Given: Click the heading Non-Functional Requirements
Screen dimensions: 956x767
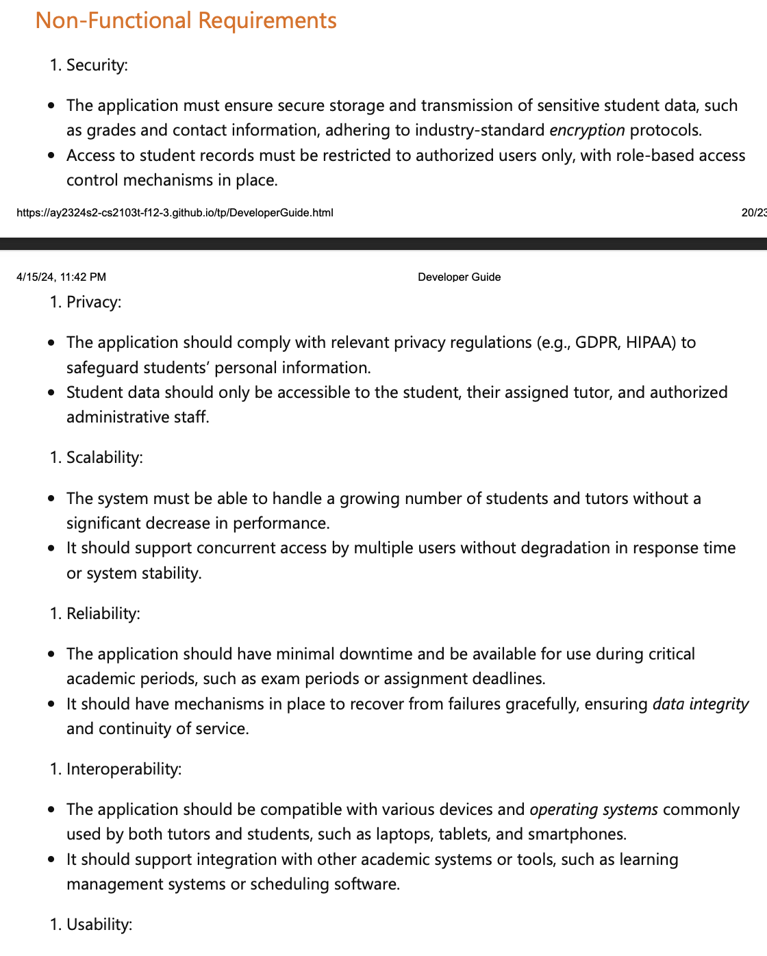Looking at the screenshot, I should click(x=186, y=21).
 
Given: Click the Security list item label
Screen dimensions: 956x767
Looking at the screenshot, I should click(x=97, y=65).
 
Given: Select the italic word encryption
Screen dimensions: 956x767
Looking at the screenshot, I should click(x=587, y=130).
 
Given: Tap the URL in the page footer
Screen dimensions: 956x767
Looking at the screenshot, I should click(x=175, y=212).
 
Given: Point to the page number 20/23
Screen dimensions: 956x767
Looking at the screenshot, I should click(x=753, y=212).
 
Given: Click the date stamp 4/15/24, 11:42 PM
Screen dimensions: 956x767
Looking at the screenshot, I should click(x=62, y=277).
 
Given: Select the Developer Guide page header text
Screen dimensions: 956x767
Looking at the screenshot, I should click(x=459, y=277).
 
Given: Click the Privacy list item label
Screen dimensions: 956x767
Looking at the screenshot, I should click(x=94, y=302).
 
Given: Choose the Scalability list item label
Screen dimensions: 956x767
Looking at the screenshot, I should click(x=104, y=457).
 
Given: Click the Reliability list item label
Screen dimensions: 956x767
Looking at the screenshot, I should click(x=103, y=614).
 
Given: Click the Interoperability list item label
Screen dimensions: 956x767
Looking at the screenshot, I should click(x=124, y=769).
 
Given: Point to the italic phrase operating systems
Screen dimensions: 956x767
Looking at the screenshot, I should click(x=594, y=809).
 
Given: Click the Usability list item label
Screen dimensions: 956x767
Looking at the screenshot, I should click(x=99, y=924).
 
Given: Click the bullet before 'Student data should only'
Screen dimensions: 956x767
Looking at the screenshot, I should click(x=51, y=393).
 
